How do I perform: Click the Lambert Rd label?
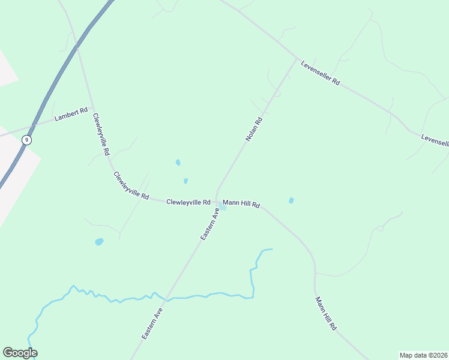71,113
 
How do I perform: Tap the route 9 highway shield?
26,139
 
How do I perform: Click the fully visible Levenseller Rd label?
321,73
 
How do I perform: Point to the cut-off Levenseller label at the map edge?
435,140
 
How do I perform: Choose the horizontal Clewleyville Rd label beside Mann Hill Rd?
188,202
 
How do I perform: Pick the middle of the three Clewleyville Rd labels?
131,185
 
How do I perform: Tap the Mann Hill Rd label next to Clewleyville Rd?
241,205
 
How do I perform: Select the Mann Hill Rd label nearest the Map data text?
326,314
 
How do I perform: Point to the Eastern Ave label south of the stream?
152,324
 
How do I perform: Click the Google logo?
20,353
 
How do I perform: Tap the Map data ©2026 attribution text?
423,355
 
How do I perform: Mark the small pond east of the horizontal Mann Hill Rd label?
291,200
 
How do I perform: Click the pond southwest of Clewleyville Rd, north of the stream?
99,242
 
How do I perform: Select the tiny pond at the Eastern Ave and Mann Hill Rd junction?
223,208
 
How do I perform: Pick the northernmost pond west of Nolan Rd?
178,162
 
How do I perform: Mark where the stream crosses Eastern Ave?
166,298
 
